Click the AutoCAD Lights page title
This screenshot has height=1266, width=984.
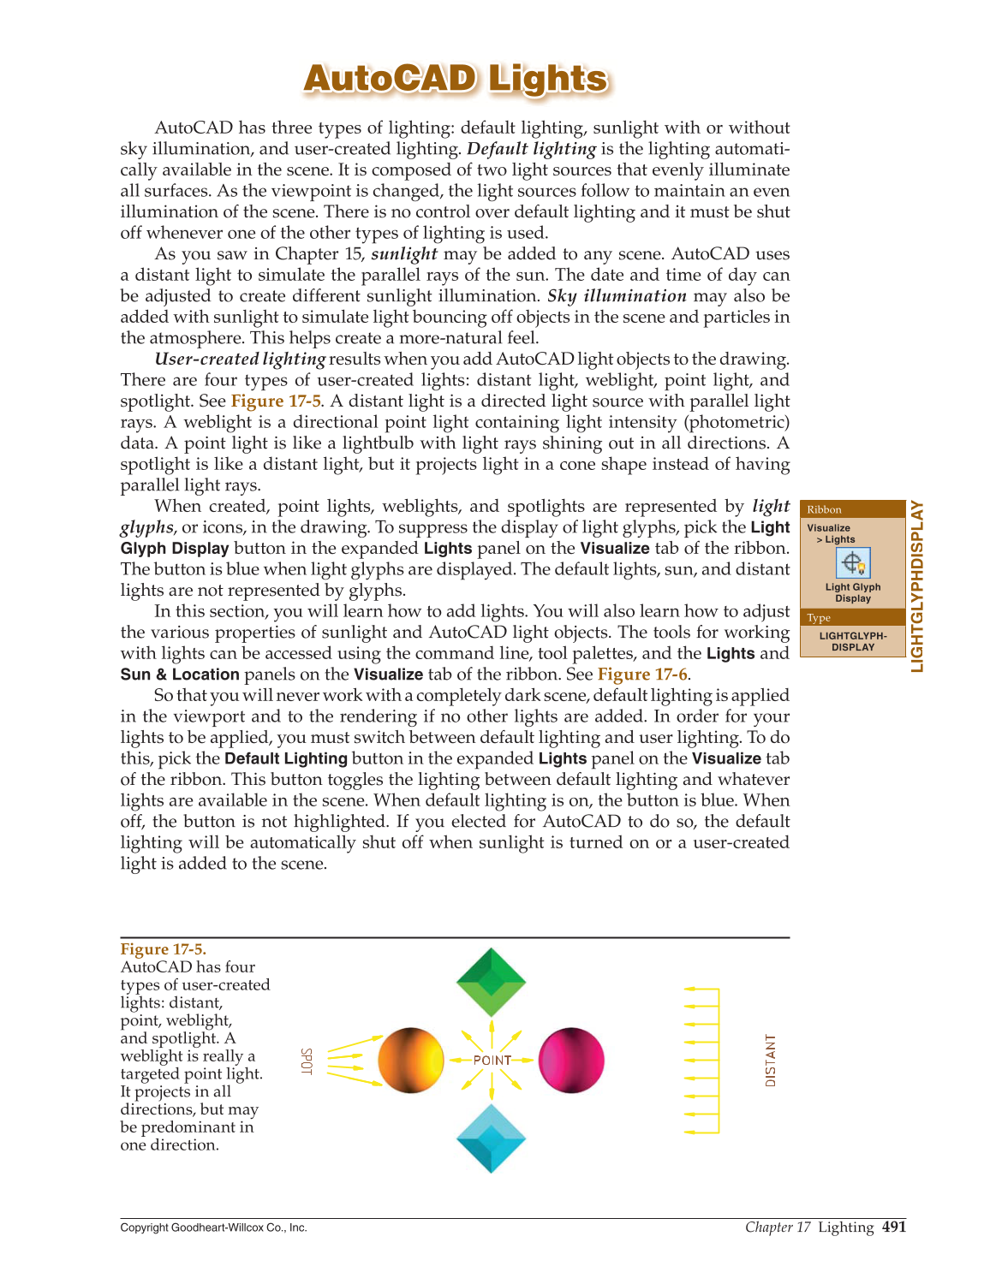(x=456, y=79)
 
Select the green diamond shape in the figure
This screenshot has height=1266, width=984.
(x=491, y=981)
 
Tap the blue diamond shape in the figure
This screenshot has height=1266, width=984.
(x=491, y=1138)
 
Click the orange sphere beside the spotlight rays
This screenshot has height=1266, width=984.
(x=411, y=1061)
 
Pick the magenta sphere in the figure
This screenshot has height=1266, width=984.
(x=571, y=1061)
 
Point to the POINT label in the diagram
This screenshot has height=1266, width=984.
(x=492, y=1061)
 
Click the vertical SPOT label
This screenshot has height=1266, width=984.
(x=307, y=1061)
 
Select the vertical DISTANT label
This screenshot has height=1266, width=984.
(x=771, y=1061)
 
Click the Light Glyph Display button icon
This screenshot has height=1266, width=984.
(x=853, y=563)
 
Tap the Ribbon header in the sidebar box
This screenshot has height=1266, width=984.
(x=824, y=509)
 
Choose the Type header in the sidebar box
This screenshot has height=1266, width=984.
(x=819, y=618)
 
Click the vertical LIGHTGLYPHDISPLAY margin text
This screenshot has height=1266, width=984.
(x=917, y=586)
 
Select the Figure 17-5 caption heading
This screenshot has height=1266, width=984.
(x=163, y=949)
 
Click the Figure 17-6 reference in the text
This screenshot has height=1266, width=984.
(x=642, y=675)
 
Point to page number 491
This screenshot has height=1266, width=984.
(x=893, y=1227)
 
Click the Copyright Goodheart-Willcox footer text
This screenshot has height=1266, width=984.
(x=213, y=1227)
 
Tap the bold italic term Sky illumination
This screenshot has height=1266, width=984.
(x=617, y=296)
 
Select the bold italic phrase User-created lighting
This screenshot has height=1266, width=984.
(x=240, y=360)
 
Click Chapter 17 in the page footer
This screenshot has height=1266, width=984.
(x=778, y=1227)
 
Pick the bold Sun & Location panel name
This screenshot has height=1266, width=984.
(x=180, y=675)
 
